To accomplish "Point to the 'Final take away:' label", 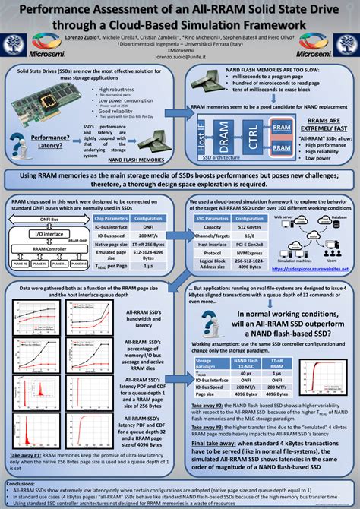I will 217,441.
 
